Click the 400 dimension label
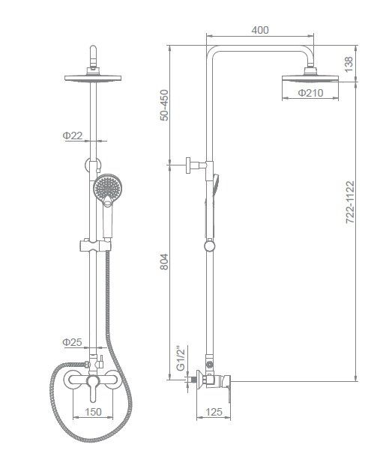(x=260, y=30)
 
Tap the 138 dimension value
(x=349, y=64)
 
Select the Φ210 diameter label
(x=311, y=93)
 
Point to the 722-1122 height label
(x=350, y=201)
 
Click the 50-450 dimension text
(x=164, y=105)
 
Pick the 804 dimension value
(x=164, y=262)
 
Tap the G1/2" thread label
(x=181, y=359)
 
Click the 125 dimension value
(x=214, y=412)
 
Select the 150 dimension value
(x=93, y=412)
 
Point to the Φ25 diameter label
(x=72, y=342)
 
